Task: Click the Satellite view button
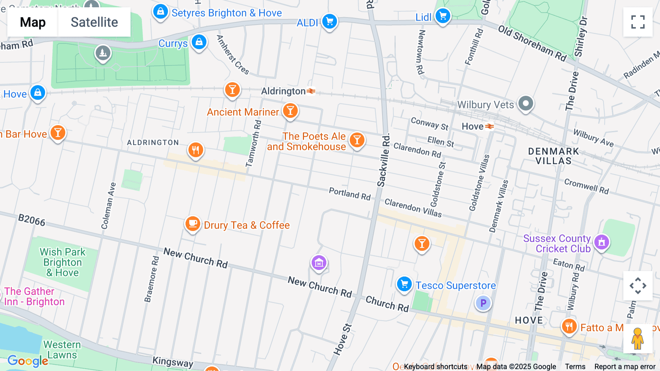tap(94, 22)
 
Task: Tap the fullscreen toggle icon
tap(638, 22)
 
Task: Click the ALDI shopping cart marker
tap(329, 21)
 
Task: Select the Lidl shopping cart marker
tap(443, 16)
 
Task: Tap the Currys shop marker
tap(199, 42)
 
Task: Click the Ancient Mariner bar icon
tap(290, 111)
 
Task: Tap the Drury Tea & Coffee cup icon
tap(192, 223)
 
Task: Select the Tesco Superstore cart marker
tap(404, 284)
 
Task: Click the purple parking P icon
tap(483, 303)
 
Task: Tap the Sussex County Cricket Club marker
tap(601, 242)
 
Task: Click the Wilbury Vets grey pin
tap(525, 104)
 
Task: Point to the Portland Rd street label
tap(349, 194)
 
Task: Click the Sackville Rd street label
tap(384, 160)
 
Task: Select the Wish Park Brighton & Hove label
tap(63, 262)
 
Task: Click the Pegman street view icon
tap(638, 339)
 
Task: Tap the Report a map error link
tap(624, 366)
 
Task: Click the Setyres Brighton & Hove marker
tap(161, 12)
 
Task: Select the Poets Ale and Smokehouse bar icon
tap(357, 140)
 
